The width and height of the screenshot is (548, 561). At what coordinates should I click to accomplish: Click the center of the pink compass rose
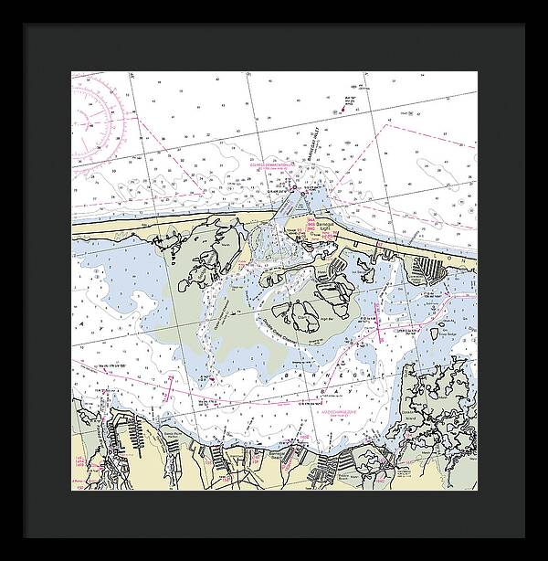(x=90, y=118)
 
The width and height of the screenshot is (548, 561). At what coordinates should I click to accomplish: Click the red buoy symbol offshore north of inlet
(x=342, y=110)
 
